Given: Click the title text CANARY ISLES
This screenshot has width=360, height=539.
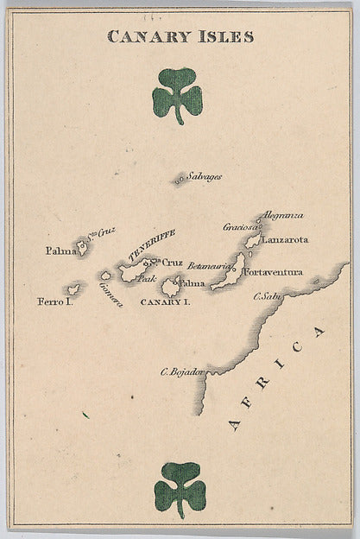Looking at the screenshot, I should (x=180, y=36).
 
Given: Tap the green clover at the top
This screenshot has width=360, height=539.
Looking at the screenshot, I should (x=178, y=94).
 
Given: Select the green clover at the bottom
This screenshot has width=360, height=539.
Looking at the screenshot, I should (x=180, y=488).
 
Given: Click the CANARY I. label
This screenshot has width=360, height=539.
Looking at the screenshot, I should (x=165, y=302).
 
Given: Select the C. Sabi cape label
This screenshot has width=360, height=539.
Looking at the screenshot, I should (x=268, y=298).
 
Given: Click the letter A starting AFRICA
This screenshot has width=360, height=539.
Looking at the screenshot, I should (x=233, y=422).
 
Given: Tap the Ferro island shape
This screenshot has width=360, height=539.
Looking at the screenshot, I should (x=74, y=288).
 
